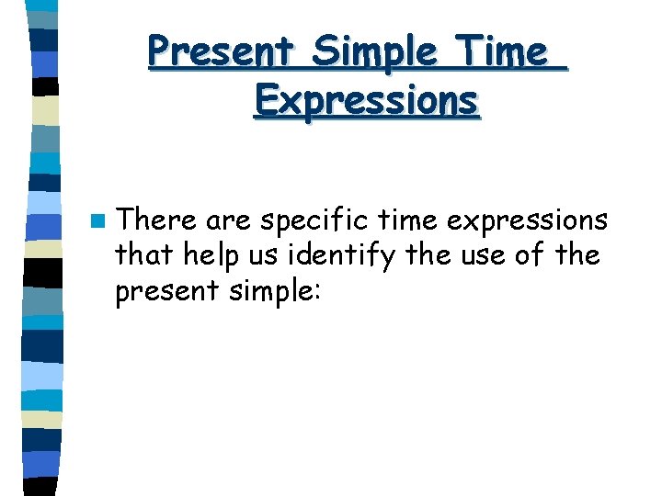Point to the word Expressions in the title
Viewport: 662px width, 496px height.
click(x=366, y=100)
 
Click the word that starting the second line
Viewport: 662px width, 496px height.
click(x=144, y=254)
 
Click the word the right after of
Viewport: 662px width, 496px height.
click(x=578, y=254)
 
